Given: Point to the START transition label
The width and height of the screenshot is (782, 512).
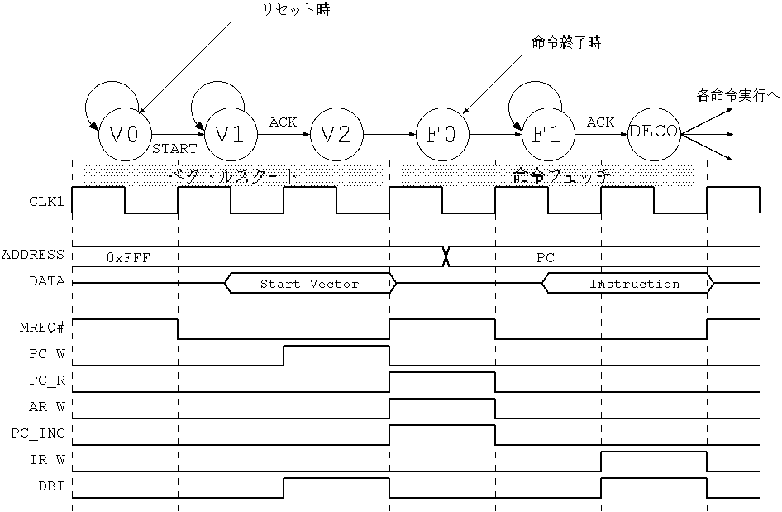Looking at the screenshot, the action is coord(174,149).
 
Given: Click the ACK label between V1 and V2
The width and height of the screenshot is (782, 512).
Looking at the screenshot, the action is coord(283,122).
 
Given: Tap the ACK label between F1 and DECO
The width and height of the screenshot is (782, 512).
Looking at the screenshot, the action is coord(600,122).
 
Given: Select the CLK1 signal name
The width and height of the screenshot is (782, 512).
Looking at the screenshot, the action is coord(46,202).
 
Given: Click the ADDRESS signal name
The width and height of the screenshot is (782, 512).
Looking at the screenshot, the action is coord(33,255).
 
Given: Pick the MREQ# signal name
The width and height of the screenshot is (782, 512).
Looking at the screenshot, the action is coord(42,328).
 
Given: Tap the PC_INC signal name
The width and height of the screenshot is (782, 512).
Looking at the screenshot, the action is coord(38,433).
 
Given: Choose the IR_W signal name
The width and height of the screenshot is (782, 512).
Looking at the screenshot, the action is coord(47,460).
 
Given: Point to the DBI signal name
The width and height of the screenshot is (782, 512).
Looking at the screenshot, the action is coord(51,486).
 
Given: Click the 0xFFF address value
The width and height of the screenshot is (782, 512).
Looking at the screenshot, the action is coord(128,257).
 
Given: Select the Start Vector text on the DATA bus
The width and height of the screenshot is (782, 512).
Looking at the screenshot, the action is coord(309,284).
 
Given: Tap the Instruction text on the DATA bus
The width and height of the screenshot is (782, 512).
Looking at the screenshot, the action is coord(634,284).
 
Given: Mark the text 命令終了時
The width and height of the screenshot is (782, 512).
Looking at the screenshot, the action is coord(566,42).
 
